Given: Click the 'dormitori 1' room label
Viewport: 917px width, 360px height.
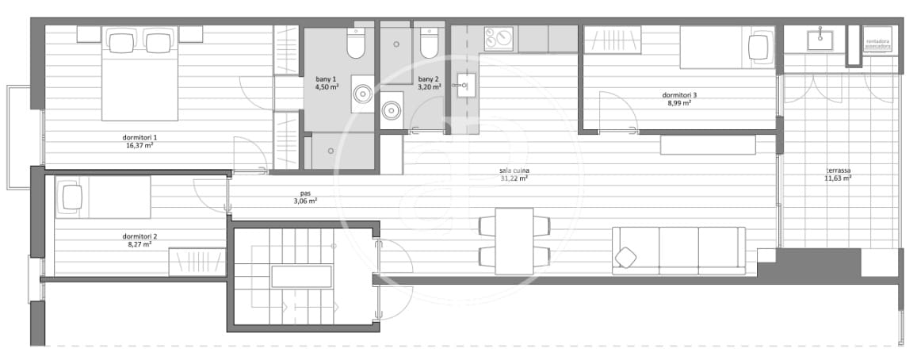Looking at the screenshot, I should [x=139, y=137].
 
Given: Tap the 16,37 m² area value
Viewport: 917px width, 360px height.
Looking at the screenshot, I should [x=139, y=146].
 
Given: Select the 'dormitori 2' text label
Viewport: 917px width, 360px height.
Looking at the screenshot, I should [x=139, y=236].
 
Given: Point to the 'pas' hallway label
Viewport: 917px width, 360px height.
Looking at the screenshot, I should [x=305, y=192].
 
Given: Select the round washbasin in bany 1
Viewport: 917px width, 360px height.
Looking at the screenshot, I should [x=362, y=92].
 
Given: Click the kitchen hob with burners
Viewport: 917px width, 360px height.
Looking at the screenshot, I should [x=499, y=38].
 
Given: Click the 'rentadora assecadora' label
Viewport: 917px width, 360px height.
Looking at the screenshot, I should [x=878, y=44].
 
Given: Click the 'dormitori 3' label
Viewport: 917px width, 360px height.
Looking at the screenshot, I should [x=679, y=95].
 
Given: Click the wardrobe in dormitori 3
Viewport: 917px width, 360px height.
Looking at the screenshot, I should [x=611, y=40].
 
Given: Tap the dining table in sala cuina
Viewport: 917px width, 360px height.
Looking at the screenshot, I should [x=514, y=240].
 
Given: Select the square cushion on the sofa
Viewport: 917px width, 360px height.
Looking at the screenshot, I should [x=627, y=257].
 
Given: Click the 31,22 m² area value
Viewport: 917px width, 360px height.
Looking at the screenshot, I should [x=515, y=179].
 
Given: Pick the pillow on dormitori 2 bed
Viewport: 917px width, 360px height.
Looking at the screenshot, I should [x=69, y=197].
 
